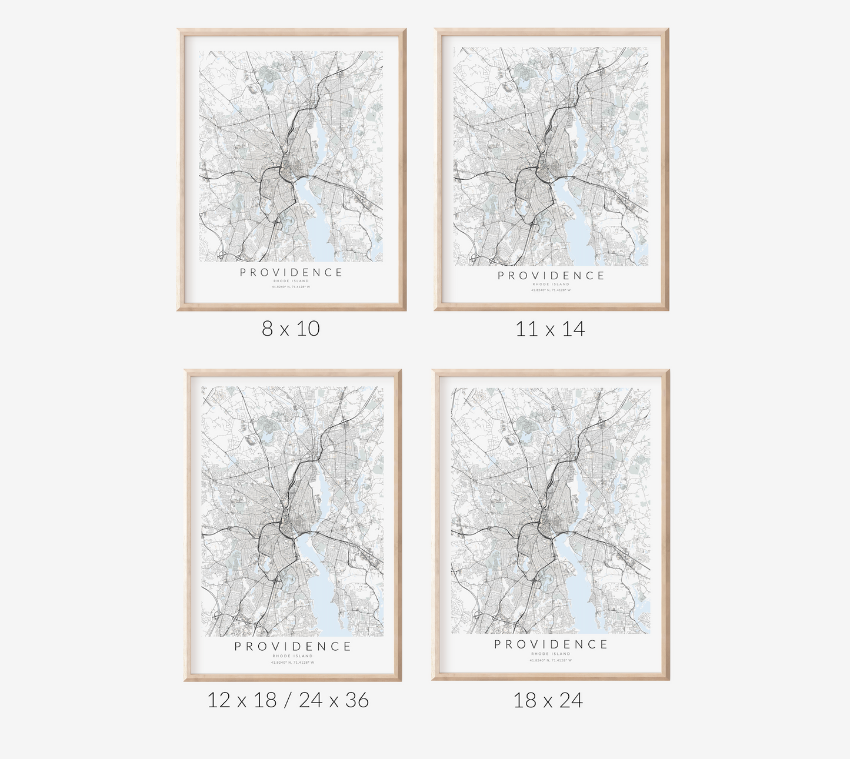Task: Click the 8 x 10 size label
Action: (x=291, y=328)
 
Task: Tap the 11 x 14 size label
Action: (x=550, y=329)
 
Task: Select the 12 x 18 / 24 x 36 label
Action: (x=288, y=700)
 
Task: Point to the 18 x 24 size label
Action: (x=548, y=700)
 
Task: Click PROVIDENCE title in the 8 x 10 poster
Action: (x=291, y=272)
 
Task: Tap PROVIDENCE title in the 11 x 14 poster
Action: (x=551, y=275)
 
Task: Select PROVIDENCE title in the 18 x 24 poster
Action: (x=551, y=644)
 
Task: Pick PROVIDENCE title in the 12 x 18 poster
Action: (x=293, y=647)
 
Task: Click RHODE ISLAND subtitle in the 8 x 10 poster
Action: (x=291, y=281)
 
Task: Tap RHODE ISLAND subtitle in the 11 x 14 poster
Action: (x=551, y=284)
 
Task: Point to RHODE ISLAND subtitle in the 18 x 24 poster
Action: (x=551, y=654)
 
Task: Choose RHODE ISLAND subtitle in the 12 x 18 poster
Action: (x=293, y=656)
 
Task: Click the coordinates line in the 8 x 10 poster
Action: (x=291, y=286)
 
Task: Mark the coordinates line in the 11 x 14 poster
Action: (x=551, y=290)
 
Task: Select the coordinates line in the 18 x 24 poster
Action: (x=551, y=660)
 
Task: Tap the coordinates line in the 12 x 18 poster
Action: (x=293, y=663)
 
